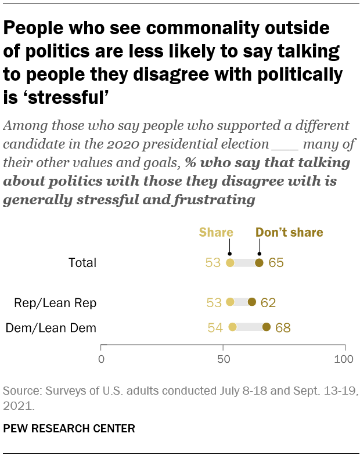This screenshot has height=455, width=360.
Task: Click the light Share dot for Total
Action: pyautogui.click(x=230, y=263)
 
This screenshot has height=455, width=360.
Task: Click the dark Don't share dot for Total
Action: pyautogui.click(x=259, y=263)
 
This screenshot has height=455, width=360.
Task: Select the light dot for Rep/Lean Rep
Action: pyautogui.click(x=230, y=302)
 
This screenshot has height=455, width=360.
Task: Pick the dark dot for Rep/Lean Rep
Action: pyautogui.click(x=252, y=302)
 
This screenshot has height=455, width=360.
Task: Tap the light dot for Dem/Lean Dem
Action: pyautogui.click(x=232, y=327)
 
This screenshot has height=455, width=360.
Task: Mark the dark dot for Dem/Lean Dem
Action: pyautogui.click(x=267, y=327)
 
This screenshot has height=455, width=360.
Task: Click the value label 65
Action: pyautogui.click(x=276, y=263)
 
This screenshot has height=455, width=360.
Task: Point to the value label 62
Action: pyautogui.click(x=268, y=302)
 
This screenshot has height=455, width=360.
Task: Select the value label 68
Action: pyautogui.click(x=283, y=328)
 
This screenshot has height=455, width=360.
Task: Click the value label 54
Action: pyautogui.click(x=215, y=328)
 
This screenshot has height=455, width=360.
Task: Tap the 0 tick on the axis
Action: pyautogui.click(x=102, y=359)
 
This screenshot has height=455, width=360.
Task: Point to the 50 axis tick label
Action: pyautogui.click(x=223, y=359)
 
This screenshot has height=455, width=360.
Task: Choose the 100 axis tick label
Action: pyautogui.click(x=344, y=359)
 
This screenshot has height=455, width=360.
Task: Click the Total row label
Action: pyautogui.click(x=82, y=263)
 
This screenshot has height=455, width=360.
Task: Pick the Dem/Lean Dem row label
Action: pyautogui.click(x=51, y=328)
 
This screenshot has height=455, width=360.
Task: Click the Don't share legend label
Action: pyautogui.click(x=289, y=233)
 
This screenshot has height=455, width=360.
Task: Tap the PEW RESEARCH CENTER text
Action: pyautogui.click(x=69, y=429)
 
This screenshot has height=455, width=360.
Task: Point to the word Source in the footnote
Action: pyautogui.click(x=19, y=390)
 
